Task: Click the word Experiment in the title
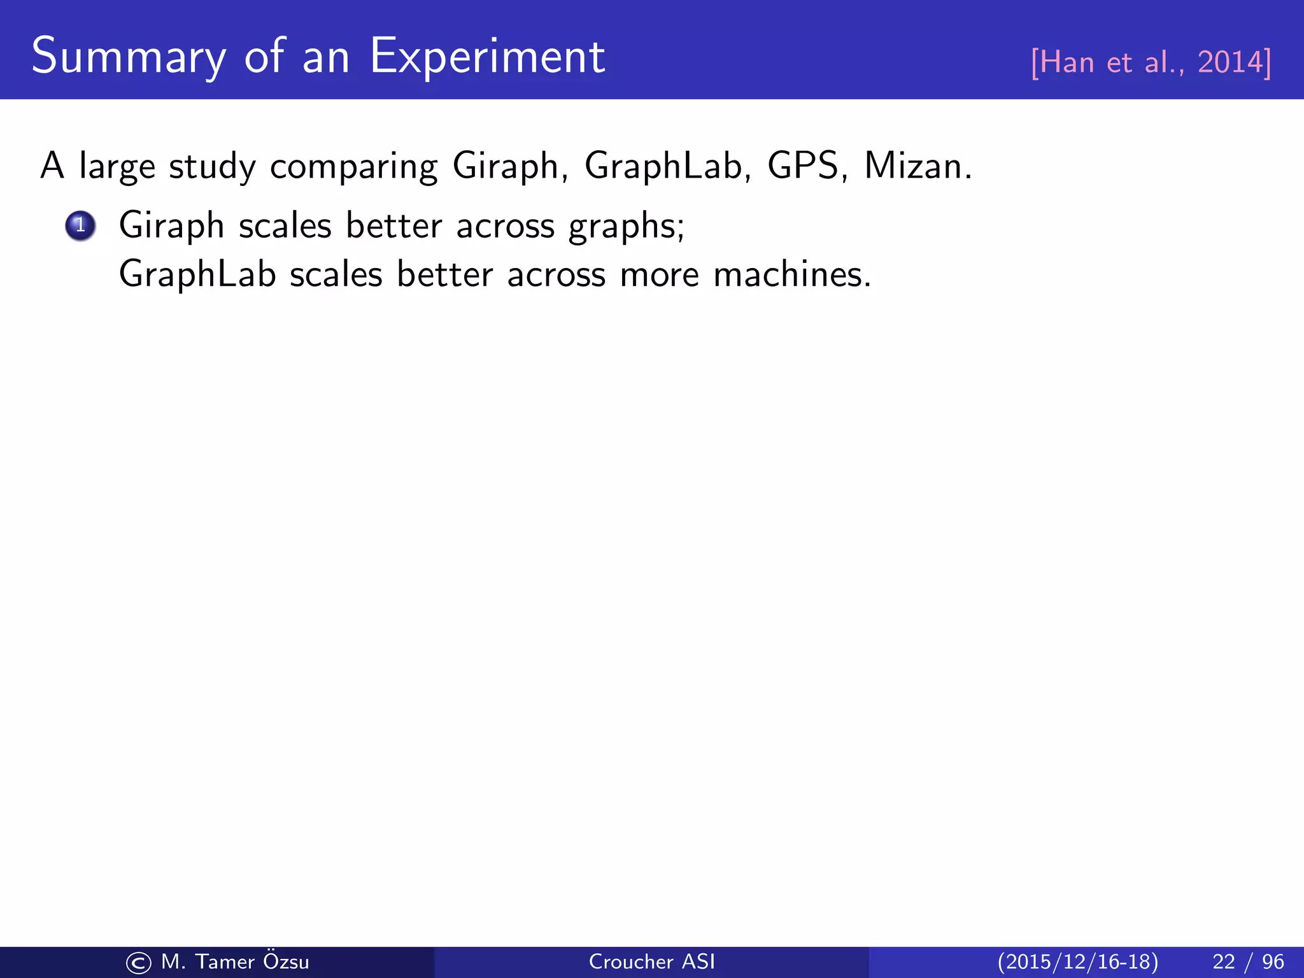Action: (487, 57)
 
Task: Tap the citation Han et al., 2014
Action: (1151, 62)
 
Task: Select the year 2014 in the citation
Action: (1230, 62)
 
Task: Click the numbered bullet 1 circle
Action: (80, 225)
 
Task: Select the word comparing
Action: (353, 167)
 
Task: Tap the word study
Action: (212, 167)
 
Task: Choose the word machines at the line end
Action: (791, 275)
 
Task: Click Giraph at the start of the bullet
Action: (171, 227)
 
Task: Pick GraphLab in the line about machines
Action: (197, 275)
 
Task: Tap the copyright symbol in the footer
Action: (138, 963)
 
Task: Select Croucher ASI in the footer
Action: (651, 961)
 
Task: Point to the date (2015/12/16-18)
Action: (1077, 961)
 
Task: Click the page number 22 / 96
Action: (1248, 961)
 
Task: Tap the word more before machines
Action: (659, 275)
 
